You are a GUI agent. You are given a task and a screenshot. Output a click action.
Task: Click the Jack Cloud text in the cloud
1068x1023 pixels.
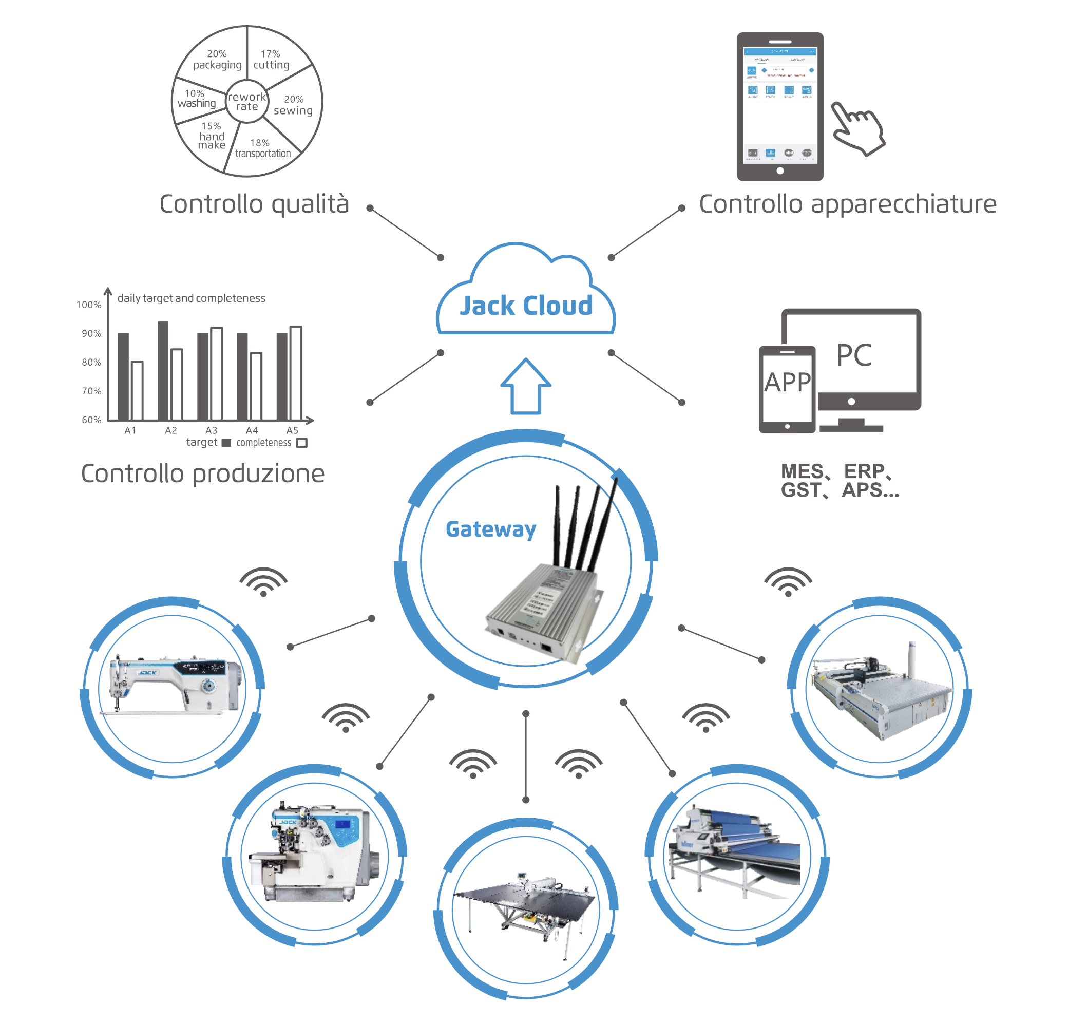pyautogui.click(x=525, y=306)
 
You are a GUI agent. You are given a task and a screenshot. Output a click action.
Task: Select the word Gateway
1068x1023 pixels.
pyautogui.click(x=490, y=529)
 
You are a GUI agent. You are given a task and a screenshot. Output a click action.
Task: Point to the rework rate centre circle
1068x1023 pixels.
pyautogui.click(x=247, y=102)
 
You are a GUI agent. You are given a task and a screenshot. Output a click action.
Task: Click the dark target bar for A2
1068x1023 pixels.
pyautogui.click(x=163, y=371)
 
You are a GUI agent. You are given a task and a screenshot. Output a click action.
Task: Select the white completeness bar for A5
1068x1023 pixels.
pyautogui.click(x=295, y=373)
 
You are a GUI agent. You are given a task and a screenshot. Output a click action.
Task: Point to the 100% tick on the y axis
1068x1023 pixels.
pyautogui.click(x=89, y=305)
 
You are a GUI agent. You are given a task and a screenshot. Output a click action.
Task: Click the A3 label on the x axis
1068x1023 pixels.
pyautogui.click(x=212, y=430)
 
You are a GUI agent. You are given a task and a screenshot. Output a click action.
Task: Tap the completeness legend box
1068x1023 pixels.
pyautogui.click(x=301, y=443)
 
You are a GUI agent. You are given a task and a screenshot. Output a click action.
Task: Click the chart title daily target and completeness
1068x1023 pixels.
pyautogui.click(x=191, y=298)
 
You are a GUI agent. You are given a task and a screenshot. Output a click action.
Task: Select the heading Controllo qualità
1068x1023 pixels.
pyautogui.click(x=254, y=204)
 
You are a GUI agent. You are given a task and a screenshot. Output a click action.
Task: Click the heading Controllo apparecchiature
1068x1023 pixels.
pyautogui.click(x=847, y=204)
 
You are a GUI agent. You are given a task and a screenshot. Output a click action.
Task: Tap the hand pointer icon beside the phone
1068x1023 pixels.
pyautogui.click(x=857, y=128)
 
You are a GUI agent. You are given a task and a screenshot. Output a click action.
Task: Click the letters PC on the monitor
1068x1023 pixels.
pyautogui.click(x=854, y=355)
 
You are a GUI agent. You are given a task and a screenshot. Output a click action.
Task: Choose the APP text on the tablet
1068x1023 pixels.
pyautogui.click(x=787, y=383)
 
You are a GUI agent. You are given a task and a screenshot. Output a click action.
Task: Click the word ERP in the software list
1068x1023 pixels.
pyautogui.click(x=864, y=471)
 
